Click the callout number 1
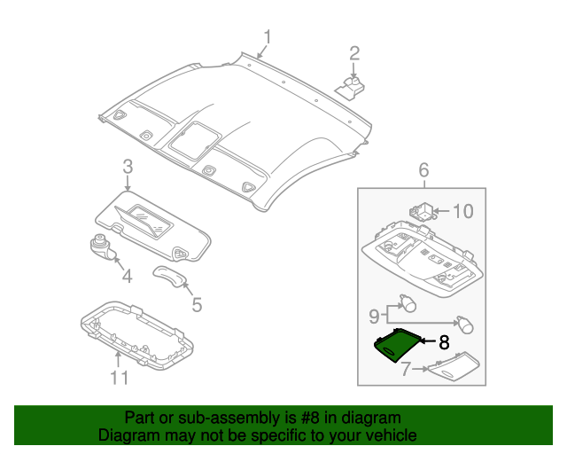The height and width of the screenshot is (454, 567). click(x=267, y=36)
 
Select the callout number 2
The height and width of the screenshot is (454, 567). click(x=353, y=52)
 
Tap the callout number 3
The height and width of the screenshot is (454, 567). click(x=128, y=167)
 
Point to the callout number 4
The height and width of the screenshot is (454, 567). click(x=127, y=277)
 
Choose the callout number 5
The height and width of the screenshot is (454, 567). click(x=197, y=305)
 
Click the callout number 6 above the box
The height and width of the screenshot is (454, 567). click(x=423, y=169)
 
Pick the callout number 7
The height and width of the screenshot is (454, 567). click(x=405, y=368)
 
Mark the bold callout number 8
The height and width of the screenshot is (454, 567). click(x=445, y=340)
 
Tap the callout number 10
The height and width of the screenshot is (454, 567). click(x=463, y=211)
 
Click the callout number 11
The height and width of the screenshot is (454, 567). click(x=119, y=379)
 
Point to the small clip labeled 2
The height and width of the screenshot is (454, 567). click(x=353, y=86)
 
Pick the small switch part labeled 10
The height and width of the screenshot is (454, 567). click(x=423, y=212)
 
